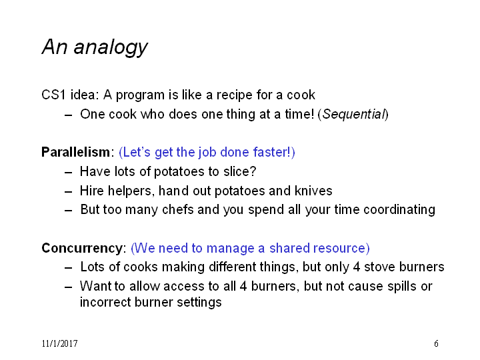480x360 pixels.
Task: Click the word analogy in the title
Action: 111,47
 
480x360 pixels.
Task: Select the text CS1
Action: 53,95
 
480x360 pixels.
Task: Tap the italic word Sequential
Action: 353,114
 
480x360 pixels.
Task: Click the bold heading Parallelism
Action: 75,152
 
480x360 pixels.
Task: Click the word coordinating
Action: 399,210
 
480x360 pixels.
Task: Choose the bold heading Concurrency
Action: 83,248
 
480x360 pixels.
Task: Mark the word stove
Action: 379,267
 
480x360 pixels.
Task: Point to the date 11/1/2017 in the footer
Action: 60,343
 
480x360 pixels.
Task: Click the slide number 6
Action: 436,343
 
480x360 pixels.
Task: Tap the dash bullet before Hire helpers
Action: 69,192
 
